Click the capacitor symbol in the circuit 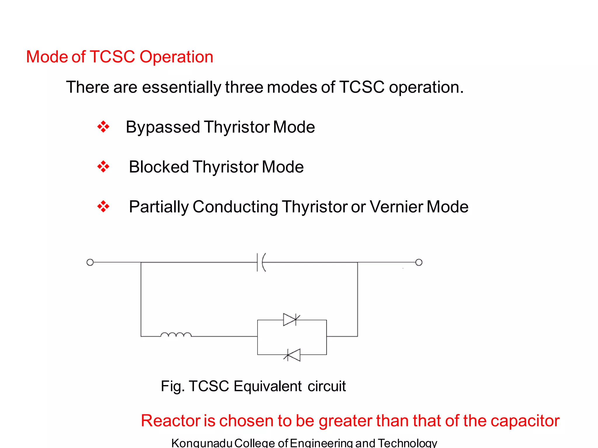[x=261, y=262]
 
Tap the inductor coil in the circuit [x=176, y=335]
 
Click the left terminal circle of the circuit [x=90, y=262]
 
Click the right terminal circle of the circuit [x=419, y=262]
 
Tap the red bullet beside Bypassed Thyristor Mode [x=103, y=127]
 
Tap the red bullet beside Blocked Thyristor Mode [x=103, y=167]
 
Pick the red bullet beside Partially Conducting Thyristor [x=103, y=207]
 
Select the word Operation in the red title [x=176, y=57]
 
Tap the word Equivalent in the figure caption [x=267, y=386]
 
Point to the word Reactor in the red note [x=170, y=421]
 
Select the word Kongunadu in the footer [x=201, y=443]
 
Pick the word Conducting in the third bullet [x=235, y=207]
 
